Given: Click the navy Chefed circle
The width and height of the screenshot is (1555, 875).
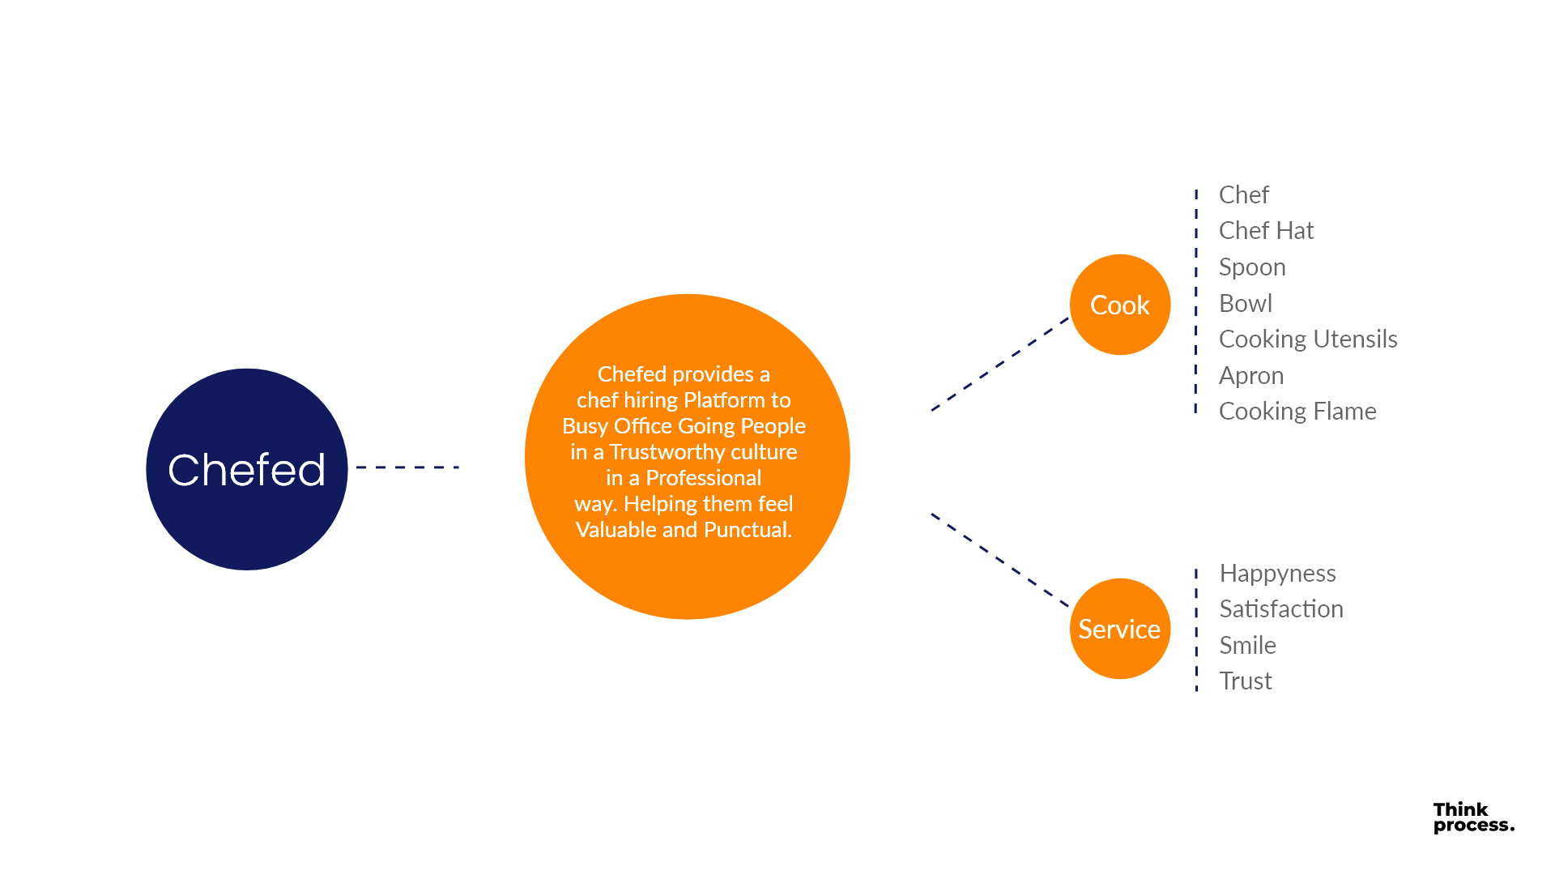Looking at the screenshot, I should point(247,469).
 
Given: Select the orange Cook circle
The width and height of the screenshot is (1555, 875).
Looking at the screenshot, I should point(1120,305).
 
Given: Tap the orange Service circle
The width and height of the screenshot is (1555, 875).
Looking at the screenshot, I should point(1120,629).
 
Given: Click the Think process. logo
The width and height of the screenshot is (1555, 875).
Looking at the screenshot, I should point(1472,817).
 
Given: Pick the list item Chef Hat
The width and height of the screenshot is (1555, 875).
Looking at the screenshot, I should point(1266,231).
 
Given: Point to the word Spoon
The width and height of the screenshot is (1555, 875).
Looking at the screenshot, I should point(1252,267).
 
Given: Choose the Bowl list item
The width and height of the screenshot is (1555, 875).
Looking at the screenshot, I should point(1246,303).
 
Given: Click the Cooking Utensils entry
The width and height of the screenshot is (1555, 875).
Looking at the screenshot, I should point(1308,339).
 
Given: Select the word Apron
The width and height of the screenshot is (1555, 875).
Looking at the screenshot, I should point(1251,375).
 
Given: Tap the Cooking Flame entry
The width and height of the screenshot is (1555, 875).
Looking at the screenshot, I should point(1297,412).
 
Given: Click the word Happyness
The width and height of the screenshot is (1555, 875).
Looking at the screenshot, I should point(1277,574).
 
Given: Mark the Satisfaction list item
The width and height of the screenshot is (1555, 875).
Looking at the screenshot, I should point(1281,609).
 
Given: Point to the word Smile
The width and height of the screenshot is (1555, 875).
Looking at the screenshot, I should point(1247,645).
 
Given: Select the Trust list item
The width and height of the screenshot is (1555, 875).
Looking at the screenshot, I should point(1246,681).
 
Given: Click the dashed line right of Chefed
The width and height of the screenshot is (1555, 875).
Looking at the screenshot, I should point(407,467).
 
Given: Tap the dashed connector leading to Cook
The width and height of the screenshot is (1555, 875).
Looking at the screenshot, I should point(1000,364).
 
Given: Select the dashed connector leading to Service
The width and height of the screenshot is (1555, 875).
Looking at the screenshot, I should point(1000,560).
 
